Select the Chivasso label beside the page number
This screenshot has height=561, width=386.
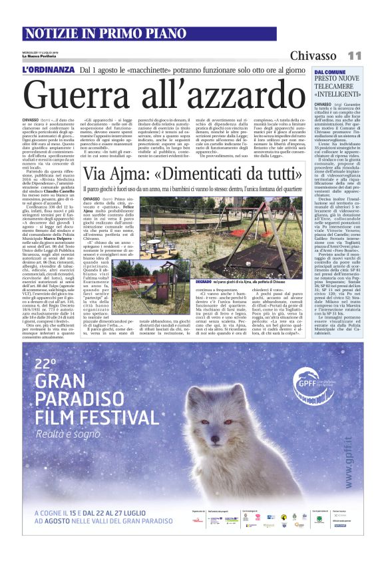point(317,55)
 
